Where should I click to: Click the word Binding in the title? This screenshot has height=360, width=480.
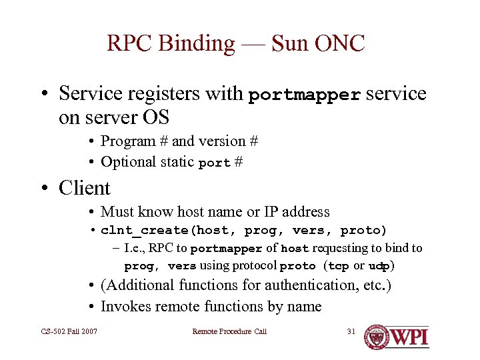click(198, 44)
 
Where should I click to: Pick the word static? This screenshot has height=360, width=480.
click(176, 162)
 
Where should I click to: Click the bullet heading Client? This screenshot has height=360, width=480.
click(84, 189)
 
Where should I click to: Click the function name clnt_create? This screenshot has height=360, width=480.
click(144, 231)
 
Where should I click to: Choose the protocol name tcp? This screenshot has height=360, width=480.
click(339, 266)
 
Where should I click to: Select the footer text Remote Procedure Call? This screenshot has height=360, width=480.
click(229, 331)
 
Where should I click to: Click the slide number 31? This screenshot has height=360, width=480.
click(352, 331)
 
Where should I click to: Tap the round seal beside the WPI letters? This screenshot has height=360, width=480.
click(377, 337)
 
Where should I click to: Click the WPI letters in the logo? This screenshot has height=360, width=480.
click(410, 337)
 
